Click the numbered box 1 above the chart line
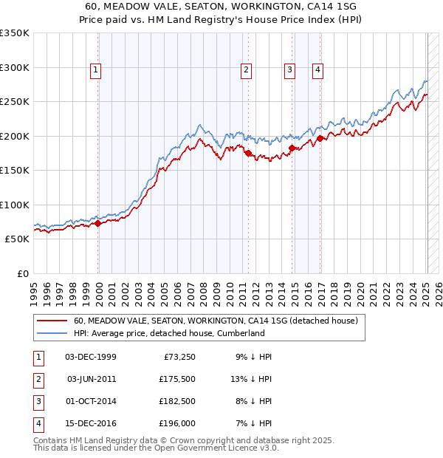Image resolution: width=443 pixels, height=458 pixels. (96, 70)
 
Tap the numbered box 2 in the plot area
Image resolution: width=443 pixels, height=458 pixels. (246, 70)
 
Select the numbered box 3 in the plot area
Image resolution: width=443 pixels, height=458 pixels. (289, 70)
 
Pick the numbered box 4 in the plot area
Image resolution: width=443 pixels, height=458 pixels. (317, 70)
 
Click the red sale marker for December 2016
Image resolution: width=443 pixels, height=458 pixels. (320, 138)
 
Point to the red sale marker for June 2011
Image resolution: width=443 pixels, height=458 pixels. (248, 153)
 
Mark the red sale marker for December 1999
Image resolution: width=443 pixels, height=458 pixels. (98, 222)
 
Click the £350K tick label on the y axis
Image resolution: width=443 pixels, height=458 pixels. (15, 33)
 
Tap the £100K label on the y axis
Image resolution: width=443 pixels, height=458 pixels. (15, 205)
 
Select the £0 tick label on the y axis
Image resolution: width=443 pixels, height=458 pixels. (22, 273)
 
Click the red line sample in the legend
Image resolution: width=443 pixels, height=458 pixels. (52, 321)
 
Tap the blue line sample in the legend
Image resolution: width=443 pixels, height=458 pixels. (52, 333)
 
